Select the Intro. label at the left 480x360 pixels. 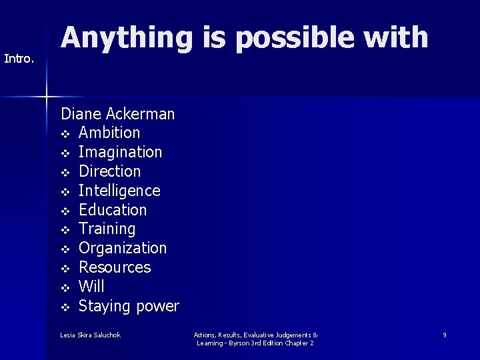tap(19, 59)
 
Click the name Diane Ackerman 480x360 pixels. tap(117, 114)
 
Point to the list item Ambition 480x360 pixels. tap(109, 133)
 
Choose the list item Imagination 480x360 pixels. tap(120, 152)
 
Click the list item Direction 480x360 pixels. tap(110, 171)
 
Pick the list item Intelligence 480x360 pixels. tap(119, 191)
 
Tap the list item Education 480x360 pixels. tap(113, 210)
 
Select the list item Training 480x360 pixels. tap(107, 229)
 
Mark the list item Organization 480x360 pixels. tap(123, 248)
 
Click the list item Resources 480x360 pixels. tap(115, 267)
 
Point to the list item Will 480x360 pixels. tap(91, 287)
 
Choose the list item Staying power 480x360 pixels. tap(129, 306)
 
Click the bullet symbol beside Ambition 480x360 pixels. tap(65, 133)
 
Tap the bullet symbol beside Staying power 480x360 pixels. tap(65, 307)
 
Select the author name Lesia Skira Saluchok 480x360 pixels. tap(90, 335)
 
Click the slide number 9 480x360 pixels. tap(445, 335)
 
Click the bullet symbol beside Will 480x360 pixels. tap(65, 287)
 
